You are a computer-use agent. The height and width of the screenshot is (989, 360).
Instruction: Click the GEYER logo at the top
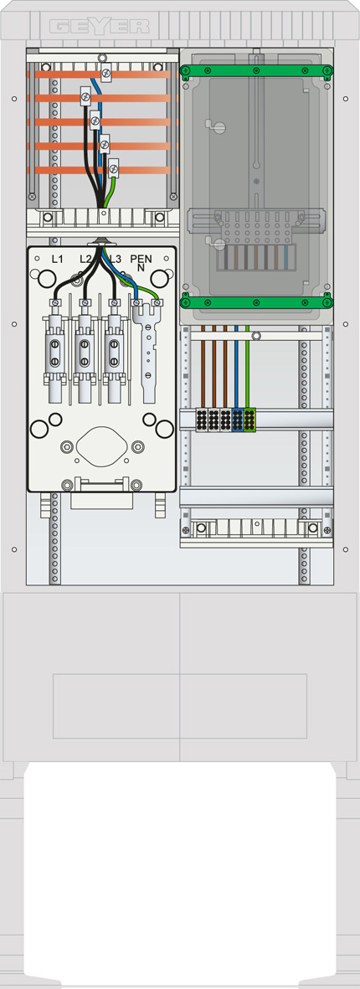(x=100, y=27)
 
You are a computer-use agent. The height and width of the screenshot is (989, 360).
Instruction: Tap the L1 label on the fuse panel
(x=58, y=259)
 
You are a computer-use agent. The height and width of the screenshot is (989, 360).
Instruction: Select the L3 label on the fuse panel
(x=115, y=259)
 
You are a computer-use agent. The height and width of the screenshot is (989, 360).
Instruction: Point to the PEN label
(x=140, y=258)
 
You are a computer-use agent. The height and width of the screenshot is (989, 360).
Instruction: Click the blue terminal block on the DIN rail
(x=238, y=420)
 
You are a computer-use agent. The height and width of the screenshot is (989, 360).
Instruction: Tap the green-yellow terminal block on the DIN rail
(x=249, y=420)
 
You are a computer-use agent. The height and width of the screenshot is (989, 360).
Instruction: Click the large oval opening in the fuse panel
(x=101, y=446)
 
